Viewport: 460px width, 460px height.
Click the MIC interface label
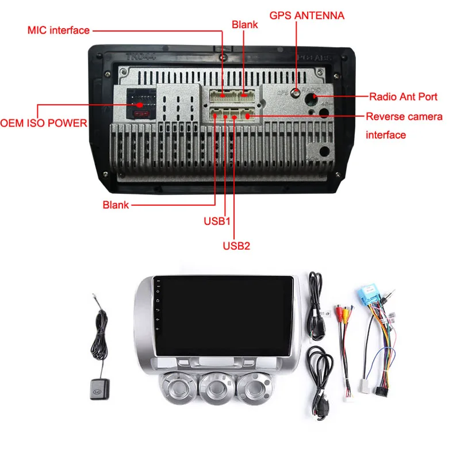click(59, 30)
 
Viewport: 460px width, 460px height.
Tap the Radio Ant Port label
click(403, 97)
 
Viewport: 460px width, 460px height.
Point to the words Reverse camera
click(405, 117)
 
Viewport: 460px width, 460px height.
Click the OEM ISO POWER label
click(44, 123)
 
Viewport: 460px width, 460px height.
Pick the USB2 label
click(236, 246)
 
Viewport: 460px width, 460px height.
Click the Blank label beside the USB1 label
click(116, 205)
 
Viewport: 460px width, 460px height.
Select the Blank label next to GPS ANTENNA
click(244, 25)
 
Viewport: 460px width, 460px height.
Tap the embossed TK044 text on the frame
click(141, 57)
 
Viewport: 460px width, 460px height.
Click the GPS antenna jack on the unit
click(296, 93)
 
